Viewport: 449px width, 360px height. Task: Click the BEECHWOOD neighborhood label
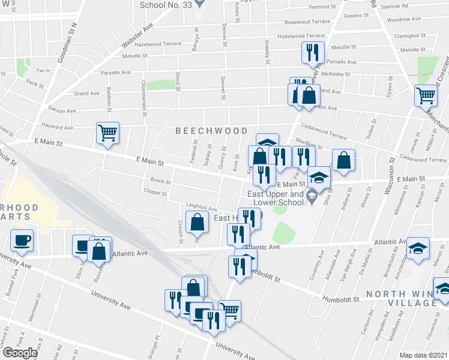(211, 131)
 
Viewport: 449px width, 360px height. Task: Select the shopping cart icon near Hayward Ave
(108, 133)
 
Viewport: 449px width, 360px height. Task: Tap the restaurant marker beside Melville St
(313, 52)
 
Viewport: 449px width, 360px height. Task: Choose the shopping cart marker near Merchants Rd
(426, 95)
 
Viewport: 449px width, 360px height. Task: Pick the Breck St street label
(160, 181)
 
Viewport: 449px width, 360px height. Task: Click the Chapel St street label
(154, 192)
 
